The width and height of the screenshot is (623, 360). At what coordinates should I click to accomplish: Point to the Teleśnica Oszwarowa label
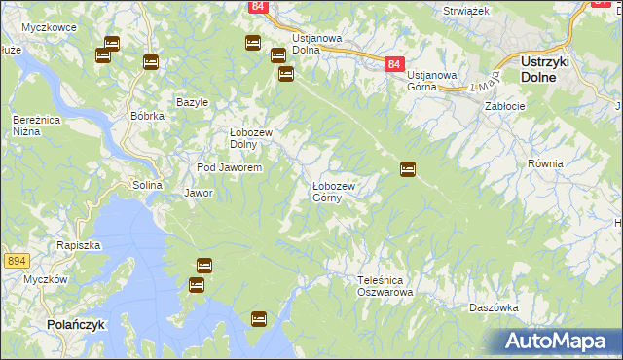coord(385,285)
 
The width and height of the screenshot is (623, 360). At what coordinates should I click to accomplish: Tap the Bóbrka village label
coord(147,115)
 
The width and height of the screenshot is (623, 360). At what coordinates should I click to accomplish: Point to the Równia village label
coord(545,163)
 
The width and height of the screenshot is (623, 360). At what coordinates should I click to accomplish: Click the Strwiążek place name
coord(465,10)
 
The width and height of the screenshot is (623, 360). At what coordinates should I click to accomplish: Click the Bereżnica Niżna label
coord(32,125)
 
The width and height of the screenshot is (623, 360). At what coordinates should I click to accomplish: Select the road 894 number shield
coord(15,261)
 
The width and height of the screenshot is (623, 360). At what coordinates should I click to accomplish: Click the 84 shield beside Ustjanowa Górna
coord(393,63)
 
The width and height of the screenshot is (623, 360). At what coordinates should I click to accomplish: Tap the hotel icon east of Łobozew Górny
coord(408,169)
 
